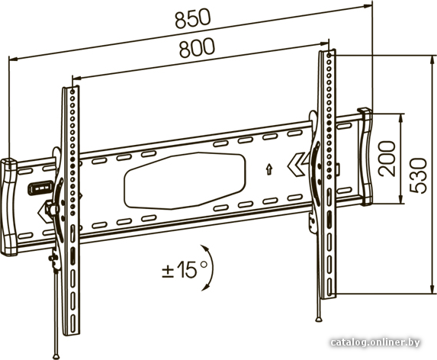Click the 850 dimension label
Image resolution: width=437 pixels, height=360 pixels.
193,18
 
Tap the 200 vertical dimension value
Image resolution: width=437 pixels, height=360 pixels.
387,159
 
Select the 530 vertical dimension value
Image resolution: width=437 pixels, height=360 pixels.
418,175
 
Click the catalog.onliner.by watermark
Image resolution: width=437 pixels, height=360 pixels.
375,342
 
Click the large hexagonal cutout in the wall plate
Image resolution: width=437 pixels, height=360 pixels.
185,181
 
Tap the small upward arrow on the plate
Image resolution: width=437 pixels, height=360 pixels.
269,169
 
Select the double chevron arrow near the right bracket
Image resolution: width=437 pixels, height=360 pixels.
297,165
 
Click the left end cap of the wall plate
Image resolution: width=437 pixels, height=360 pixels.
9,207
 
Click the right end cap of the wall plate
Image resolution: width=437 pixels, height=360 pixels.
365,157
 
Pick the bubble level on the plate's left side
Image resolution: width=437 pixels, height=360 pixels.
40,188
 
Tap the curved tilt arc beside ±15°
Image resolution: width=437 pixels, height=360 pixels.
209,268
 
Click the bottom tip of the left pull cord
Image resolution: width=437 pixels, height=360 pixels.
56,357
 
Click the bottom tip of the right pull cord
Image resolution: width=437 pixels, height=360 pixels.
319,320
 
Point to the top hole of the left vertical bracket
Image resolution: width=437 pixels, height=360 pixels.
72,91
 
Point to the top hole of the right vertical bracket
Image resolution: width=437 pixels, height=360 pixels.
329,55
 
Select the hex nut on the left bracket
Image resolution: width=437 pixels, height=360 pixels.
52,208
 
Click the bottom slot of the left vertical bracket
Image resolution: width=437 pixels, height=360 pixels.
73,324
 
